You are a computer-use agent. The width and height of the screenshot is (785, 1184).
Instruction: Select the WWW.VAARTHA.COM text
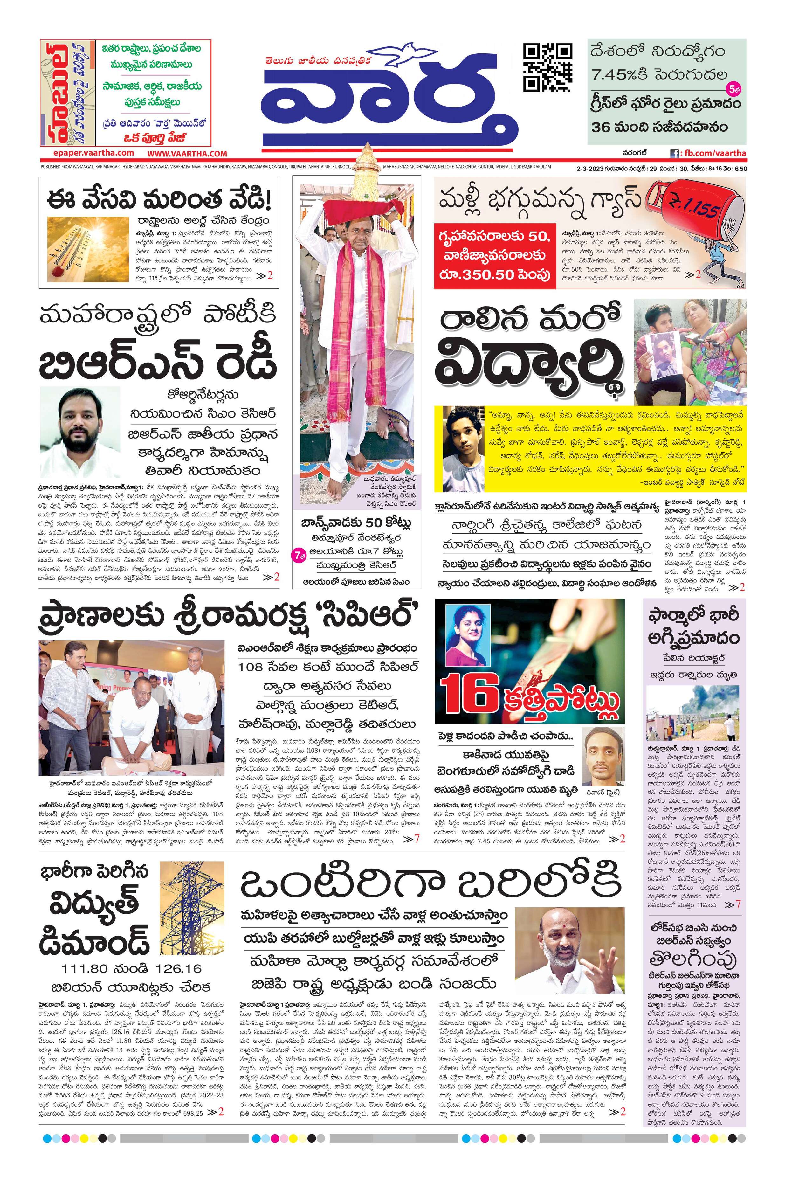(x=187, y=154)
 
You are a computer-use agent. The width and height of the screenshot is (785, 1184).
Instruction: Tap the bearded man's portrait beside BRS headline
(x=80, y=432)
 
